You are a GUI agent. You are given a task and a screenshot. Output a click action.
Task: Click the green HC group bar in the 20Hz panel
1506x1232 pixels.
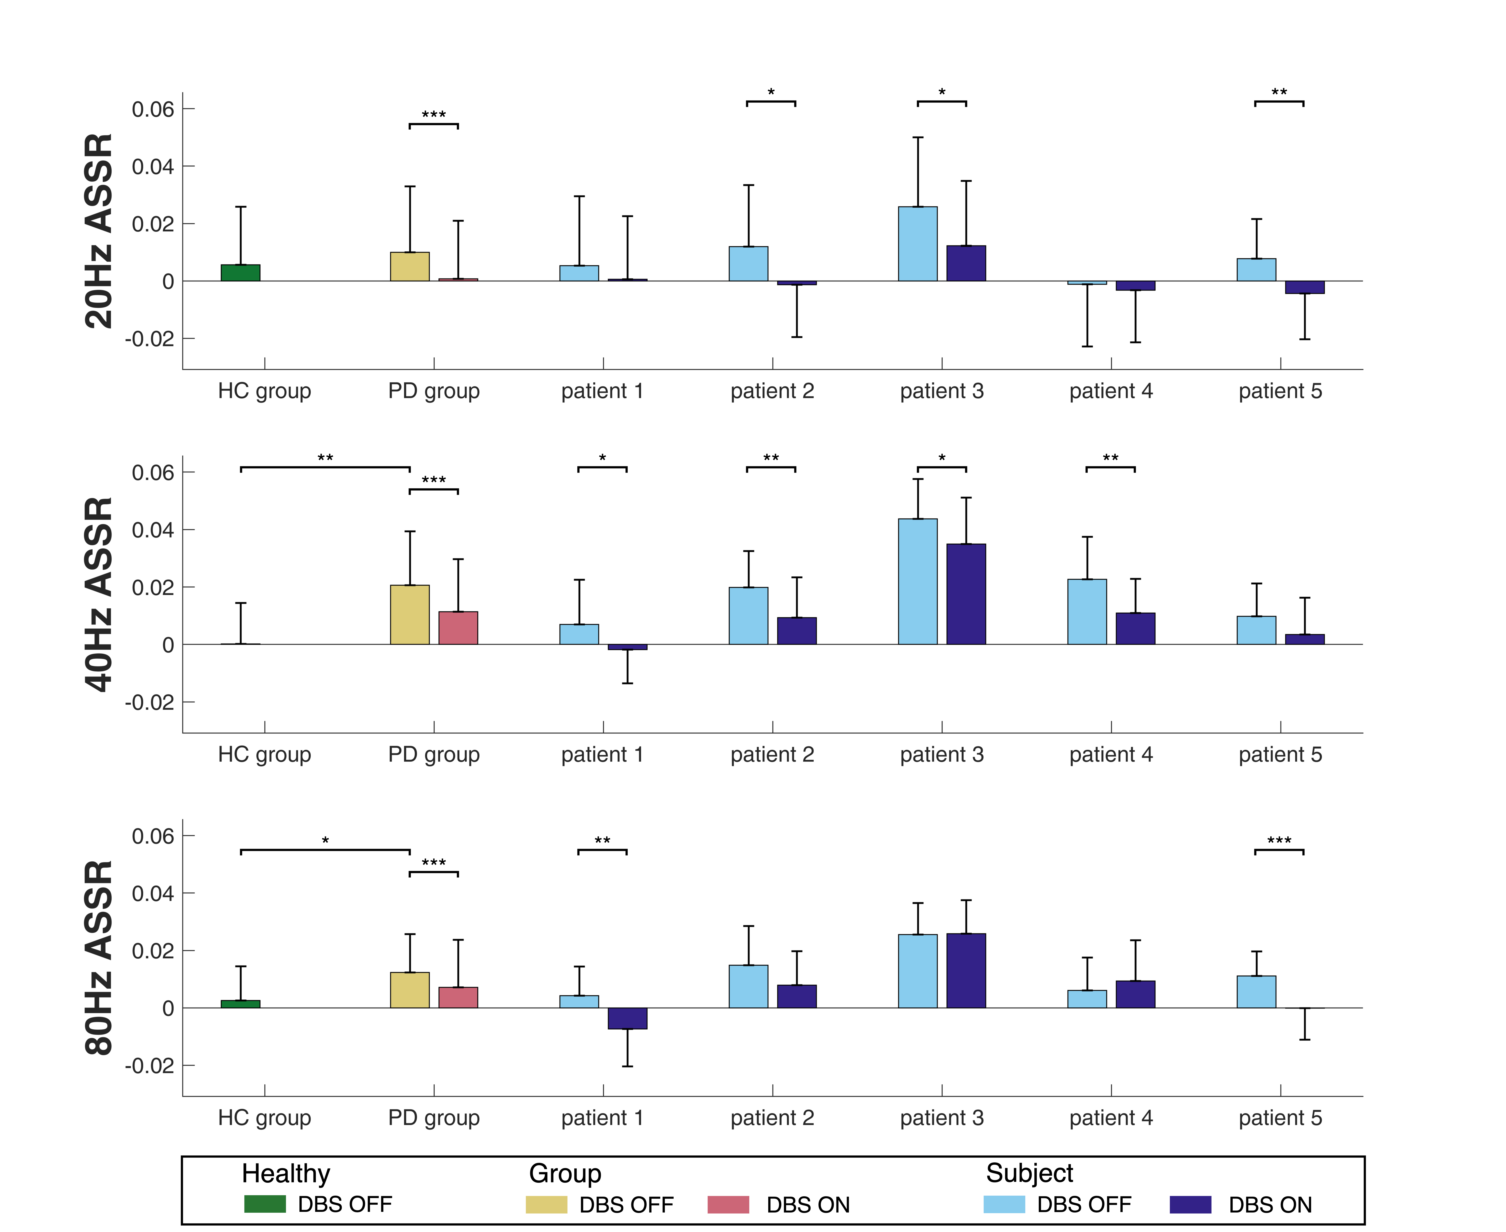click(x=241, y=273)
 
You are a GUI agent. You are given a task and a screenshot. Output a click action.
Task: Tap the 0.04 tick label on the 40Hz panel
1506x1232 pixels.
click(x=153, y=530)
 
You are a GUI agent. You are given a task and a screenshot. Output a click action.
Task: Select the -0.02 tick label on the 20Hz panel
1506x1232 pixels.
click(x=149, y=339)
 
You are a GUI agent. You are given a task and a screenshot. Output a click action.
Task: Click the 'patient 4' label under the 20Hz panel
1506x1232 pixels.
click(x=1111, y=391)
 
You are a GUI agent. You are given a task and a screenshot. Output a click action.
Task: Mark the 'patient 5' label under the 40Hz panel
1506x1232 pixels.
click(x=1280, y=754)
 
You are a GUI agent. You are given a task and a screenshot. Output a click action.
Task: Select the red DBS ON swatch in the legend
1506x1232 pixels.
click(x=728, y=1204)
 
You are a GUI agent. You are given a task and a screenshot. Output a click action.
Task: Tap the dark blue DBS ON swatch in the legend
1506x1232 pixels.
click(x=1190, y=1204)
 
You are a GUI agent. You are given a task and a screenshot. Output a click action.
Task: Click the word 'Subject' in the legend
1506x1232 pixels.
click(x=1029, y=1173)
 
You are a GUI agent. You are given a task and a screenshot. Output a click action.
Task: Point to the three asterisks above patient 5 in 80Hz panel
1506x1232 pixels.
click(x=1279, y=841)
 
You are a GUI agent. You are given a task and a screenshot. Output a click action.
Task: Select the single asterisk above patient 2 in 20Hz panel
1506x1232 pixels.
click(x=771, y=92)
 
